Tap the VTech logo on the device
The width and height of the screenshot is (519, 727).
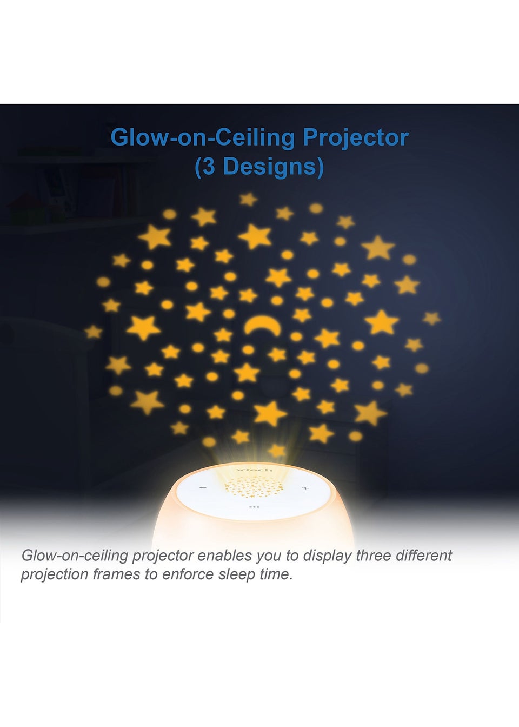pyautogui.click(x=250, y=470)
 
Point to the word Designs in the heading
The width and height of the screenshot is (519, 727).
pyautogui.click(x=269, y=167)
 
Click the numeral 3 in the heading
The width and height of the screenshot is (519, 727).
pyautogui.click(x=209, y=167)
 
